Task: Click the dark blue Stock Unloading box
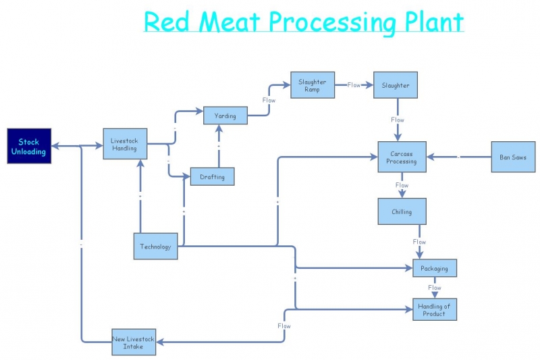tap(28, 146)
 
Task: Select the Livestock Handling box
tap(125, 144)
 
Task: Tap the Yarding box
tap(225, 115)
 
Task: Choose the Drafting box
tap(212, 177)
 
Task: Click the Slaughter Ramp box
tap(313, 86)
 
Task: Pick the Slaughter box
tap(396, 86)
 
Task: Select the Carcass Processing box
tap(402, 157)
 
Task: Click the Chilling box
tap(402, 211)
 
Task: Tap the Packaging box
tap(435, 268)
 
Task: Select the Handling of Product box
tap(434, 309)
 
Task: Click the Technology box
tap(156, 247)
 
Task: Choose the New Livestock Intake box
tap(134, 342)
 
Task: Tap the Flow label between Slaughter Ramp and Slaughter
tap(354, 85)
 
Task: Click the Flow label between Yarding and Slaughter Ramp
tap(269, 100)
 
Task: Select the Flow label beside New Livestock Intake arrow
tap(284, 326)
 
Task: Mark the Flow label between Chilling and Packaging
tap(419, 242)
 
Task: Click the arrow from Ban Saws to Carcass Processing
tap(459, 157)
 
